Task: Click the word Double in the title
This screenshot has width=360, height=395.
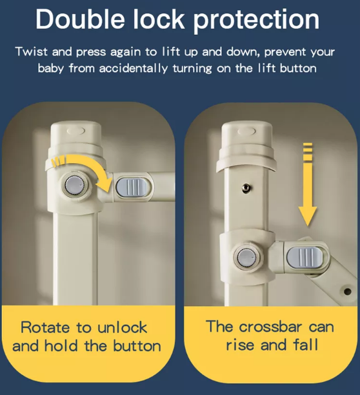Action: (x=80, y=19)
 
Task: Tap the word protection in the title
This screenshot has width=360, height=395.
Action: (x=256, y=21)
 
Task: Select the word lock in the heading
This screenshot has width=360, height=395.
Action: (x=159, y=19)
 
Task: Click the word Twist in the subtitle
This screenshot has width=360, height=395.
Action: (x=32, y=52)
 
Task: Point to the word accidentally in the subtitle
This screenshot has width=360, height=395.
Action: (x=133, y=68)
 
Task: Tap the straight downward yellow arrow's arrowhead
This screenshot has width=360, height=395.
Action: (x=308, y=216)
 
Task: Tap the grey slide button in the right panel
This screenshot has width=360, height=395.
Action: (x=305, y=257)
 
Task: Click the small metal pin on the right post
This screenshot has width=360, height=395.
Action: (x=246, y=188)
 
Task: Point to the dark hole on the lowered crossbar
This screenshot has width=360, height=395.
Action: (x=347, y=291)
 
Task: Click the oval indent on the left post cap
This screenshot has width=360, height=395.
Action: (x=76, y=131)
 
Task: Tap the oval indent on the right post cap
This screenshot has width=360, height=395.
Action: (x=247, y=131)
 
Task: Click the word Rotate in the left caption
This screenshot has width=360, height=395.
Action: (x=45, y=327)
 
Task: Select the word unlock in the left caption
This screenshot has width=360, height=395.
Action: (x=123, y=327)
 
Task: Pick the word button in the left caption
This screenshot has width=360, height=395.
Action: (x=137, y=346)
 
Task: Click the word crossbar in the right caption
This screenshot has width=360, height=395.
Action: (x=270, y=327)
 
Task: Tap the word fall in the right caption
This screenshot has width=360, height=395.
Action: (x=306, y=345)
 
